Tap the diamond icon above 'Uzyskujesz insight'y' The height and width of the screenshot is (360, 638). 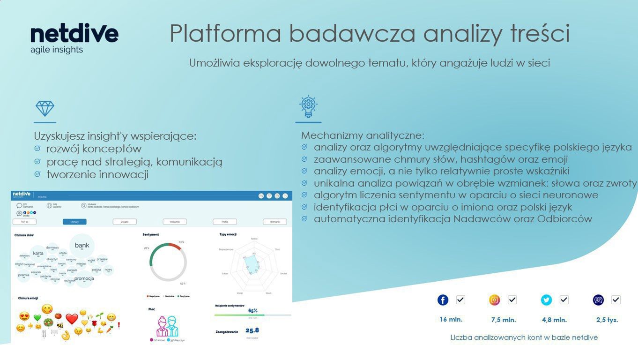tap(45, 109)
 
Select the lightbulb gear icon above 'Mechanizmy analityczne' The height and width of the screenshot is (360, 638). tap(308, 107)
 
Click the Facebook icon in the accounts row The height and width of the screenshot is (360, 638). tap(443, 300)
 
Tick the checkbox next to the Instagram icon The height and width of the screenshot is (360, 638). tap(512, 300)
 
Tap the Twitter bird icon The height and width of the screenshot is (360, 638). tap(546, 300)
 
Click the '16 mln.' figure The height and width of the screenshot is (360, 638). tap(451, 320)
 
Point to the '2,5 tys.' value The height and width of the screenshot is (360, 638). tap(607, 320)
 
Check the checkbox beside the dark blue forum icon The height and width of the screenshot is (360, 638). tap(616, 300)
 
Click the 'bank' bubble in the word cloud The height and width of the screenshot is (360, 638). tap(82, 245)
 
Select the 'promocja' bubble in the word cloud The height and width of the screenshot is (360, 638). tap(84, 278)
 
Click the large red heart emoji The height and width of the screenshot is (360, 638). tap(71, 319)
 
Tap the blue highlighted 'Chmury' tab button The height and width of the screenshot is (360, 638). tap(74, 222)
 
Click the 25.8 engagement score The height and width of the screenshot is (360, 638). tap(252, 330)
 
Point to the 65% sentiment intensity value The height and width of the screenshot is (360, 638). tap(253, 310)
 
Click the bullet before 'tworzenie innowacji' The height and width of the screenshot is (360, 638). tap(37, 174)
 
